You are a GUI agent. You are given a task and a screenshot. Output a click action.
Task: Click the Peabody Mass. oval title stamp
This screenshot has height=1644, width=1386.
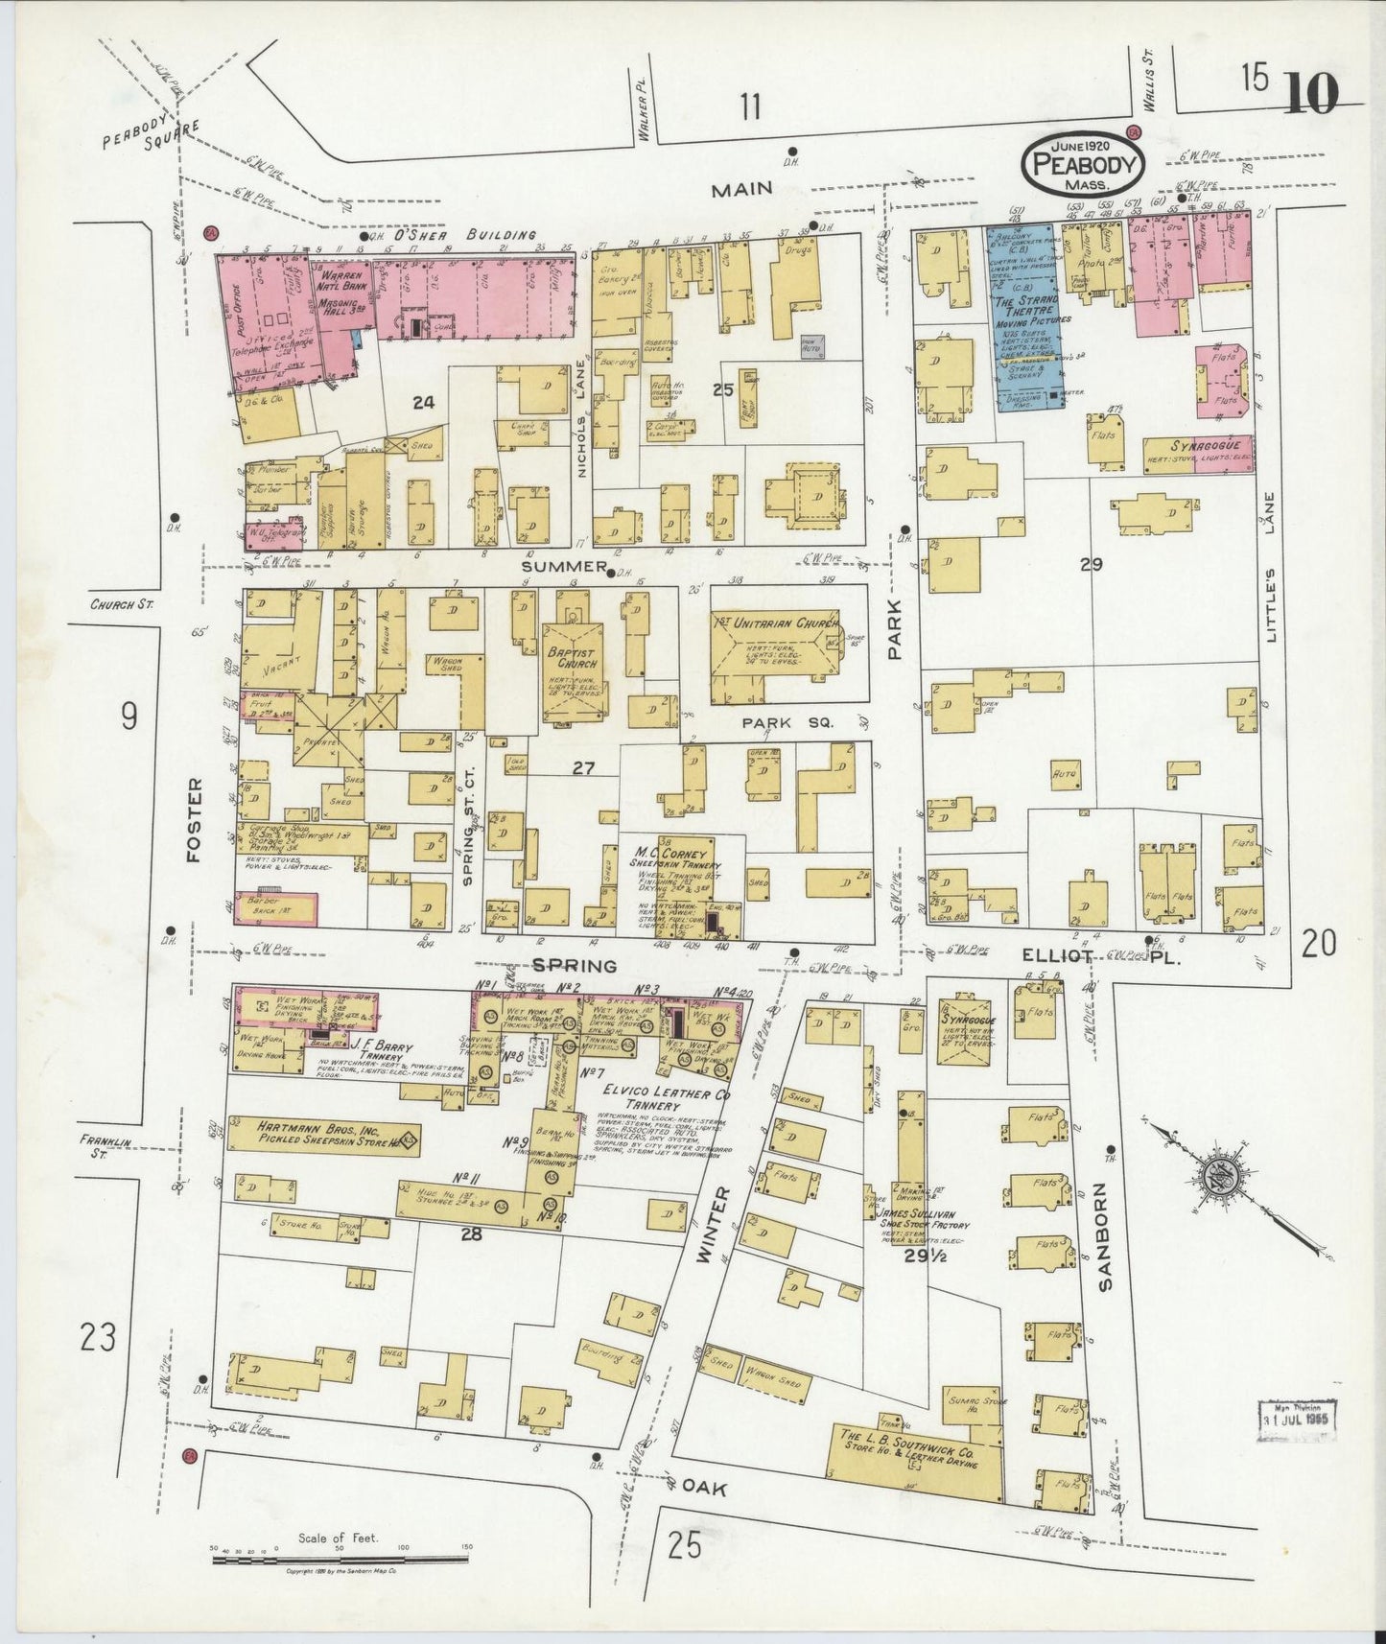click(x=1084, y=165)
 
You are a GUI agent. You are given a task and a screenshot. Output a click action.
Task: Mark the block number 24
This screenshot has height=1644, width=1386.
click(x=423, y=403)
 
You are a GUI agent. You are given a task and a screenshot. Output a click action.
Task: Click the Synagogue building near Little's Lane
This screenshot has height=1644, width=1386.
click(x=1198, y=451)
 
